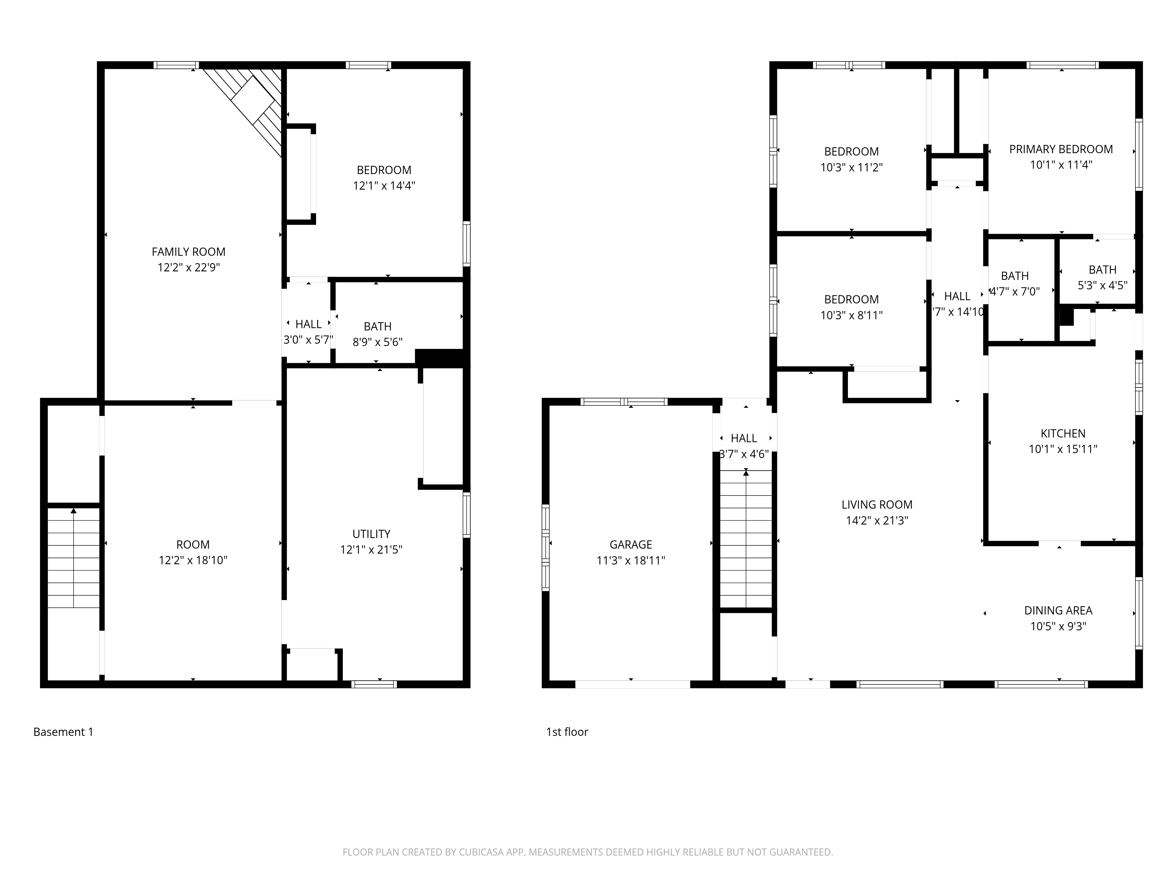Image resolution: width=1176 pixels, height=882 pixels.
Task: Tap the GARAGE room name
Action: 631,544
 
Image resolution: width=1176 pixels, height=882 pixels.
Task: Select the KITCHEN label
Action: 1063,433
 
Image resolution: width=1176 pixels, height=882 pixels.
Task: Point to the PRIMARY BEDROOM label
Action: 1061,149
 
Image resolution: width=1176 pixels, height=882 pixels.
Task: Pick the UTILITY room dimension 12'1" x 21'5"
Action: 371,550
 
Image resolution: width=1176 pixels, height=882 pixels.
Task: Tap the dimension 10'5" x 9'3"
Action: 1058,626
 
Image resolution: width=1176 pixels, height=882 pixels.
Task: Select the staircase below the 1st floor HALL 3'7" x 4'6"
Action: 746,539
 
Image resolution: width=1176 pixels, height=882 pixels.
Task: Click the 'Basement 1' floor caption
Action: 63,732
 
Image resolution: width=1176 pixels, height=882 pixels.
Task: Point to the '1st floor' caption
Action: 567,732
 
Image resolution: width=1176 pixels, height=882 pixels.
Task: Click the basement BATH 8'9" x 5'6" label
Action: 377,334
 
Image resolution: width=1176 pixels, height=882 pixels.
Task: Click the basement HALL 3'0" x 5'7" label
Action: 308,332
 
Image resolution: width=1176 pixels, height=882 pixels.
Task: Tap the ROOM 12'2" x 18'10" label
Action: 193,552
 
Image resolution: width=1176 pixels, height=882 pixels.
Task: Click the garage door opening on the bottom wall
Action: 633,684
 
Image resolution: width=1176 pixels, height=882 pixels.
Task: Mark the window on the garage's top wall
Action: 624,401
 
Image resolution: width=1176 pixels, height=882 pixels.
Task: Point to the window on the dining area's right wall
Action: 1139,613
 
